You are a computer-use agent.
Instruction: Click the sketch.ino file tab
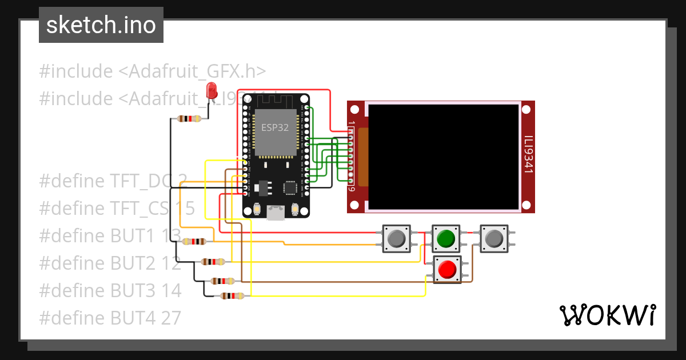tap(101, 25)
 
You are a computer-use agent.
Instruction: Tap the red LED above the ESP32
tap(212, 90)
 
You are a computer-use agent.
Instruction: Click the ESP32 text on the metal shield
tap(275, 128)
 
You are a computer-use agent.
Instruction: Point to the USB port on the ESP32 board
tap(277, 212)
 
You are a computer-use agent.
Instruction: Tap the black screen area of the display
tap(444, 156)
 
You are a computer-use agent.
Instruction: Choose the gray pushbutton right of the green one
tap(493, 238)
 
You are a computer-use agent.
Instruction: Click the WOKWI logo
tap(607, 315)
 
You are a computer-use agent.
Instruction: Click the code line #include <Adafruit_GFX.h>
tap(152, 71)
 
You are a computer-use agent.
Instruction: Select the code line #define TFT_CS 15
tap(117, 209)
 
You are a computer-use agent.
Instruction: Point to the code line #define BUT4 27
tap(110, 317)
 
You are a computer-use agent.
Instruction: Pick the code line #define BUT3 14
tap(110, 290)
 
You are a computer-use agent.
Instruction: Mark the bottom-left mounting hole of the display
tap(355, 205)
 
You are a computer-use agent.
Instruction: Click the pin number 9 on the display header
tap(352, 190)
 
